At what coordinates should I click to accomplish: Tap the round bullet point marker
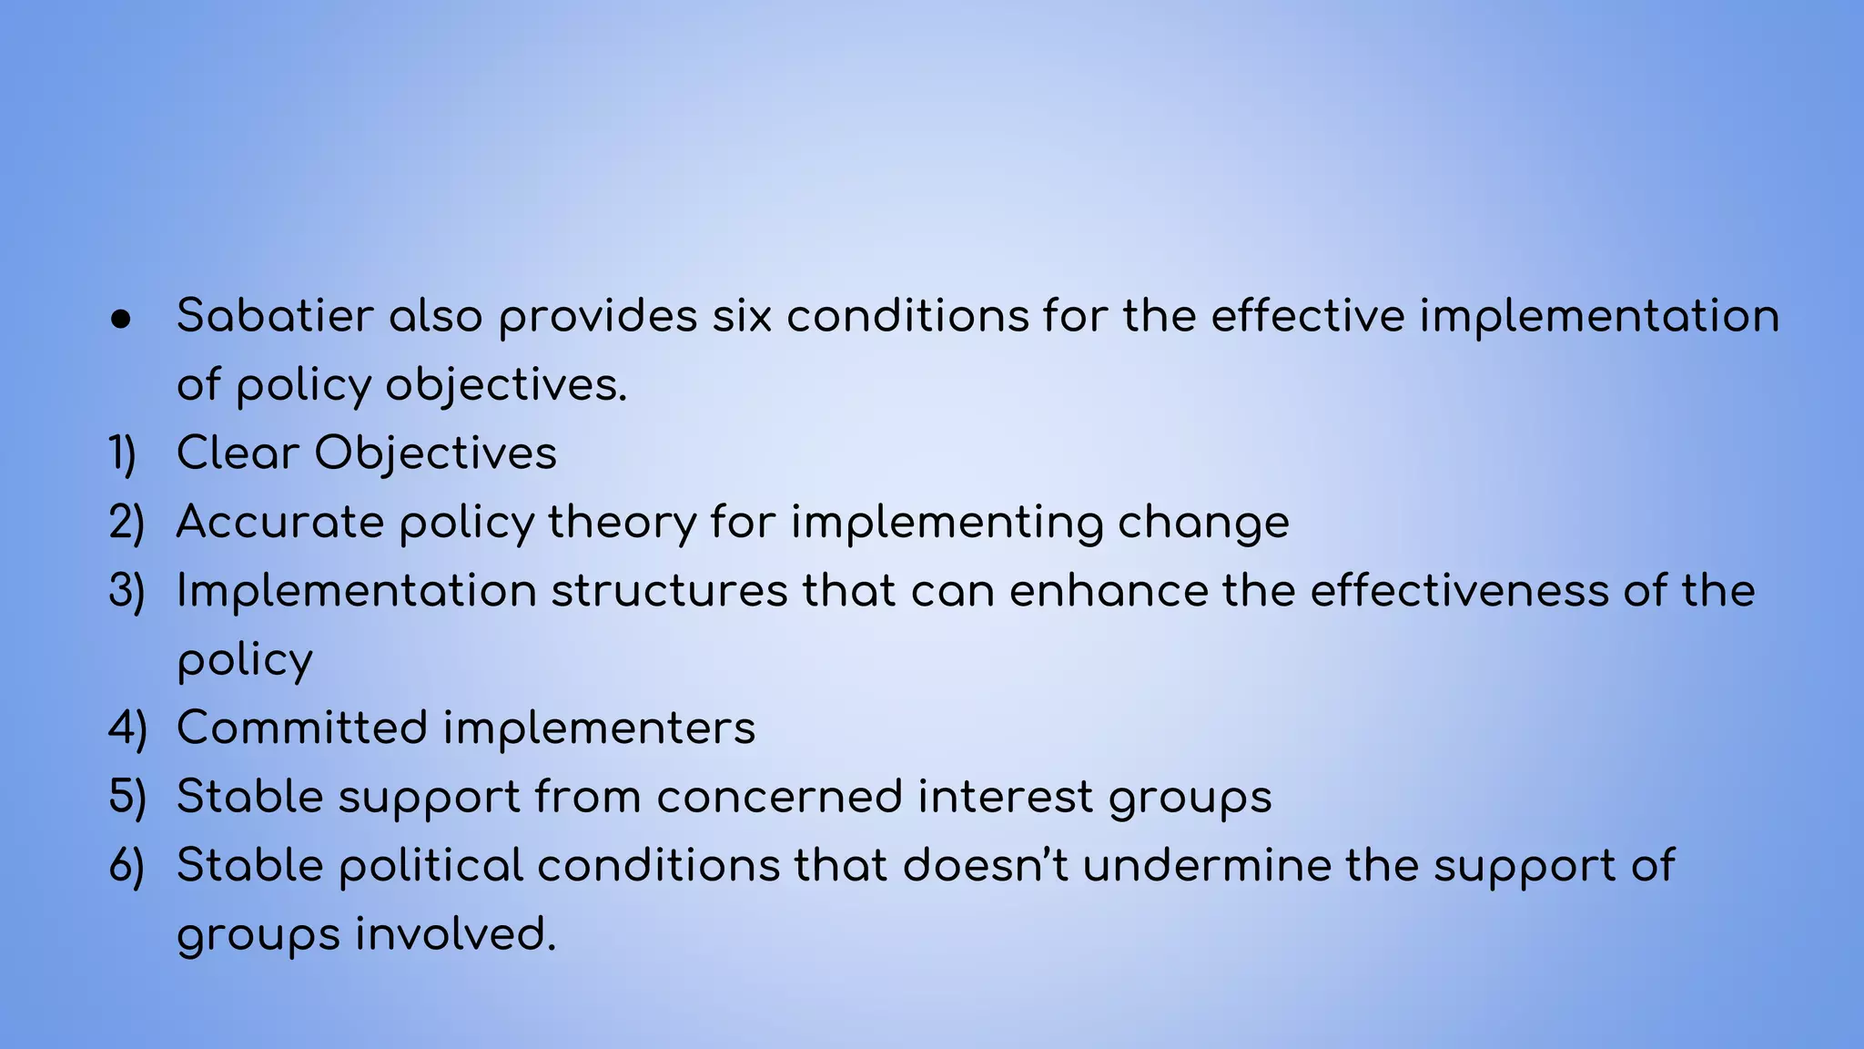[121, 319]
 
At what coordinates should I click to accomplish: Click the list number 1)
[123, 453]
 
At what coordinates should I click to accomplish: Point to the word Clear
[238, 453]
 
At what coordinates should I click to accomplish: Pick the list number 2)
[127, 523]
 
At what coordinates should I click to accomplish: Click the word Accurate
[280, 523]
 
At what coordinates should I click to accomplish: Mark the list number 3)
[127, 591]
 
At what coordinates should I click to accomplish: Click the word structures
[669, 591]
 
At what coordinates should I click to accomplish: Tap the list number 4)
[127, 728]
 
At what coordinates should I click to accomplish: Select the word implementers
[599, 728]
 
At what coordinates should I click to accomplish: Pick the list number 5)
[127, 797]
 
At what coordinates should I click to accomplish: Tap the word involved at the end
[455, 934]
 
